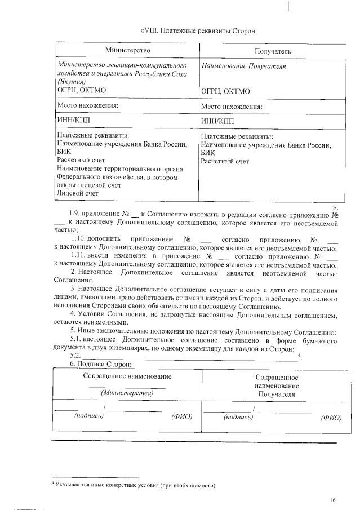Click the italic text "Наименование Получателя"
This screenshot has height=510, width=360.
[243, 66]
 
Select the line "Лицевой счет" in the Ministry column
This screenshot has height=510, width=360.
[78, 193]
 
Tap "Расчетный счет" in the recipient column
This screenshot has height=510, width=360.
[225, 161]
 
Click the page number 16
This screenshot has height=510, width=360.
[334, 500]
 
